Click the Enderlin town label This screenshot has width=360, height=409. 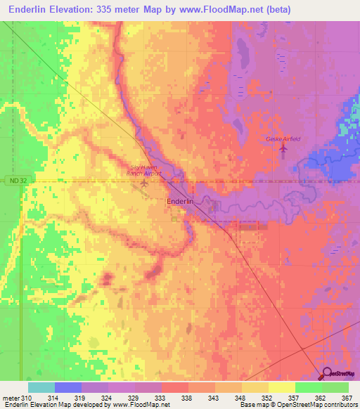click(x=180, y=201)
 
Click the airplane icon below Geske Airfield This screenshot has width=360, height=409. click(x=284, y=150)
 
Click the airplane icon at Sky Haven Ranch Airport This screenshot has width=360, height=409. click(x=144, y=183)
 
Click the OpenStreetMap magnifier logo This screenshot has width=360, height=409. click(x=328, y=375)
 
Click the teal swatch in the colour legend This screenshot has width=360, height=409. click(x=41, y=387)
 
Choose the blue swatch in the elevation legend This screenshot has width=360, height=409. click(x=68, y=387)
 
